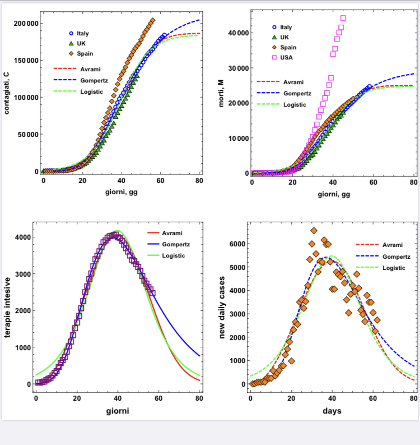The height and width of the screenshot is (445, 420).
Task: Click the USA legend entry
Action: point(286,57)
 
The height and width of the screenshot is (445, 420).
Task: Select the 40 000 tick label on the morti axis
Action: point(238,33)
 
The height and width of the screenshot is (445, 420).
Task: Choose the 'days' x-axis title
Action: point(332,411)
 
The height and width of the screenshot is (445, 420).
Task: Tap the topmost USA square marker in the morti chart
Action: point(343,18)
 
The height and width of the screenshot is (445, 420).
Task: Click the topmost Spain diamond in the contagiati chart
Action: point(152,21)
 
